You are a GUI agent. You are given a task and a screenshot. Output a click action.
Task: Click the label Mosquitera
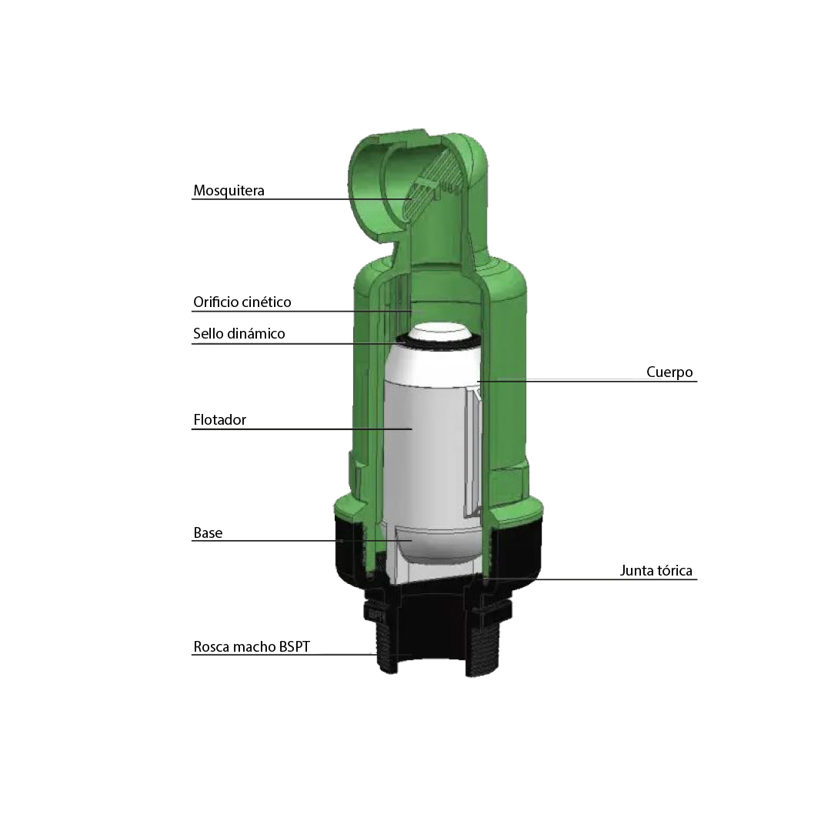(x=229, y=190)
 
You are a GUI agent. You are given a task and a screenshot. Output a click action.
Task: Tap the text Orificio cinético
(x=242, y=302)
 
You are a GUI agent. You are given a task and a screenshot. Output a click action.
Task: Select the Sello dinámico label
(x=239, y=333)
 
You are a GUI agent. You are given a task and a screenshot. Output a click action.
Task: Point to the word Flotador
(x=220, y=420)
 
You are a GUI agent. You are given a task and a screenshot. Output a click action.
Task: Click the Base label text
(x=208, y=532)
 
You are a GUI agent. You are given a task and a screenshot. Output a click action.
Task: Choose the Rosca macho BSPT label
(x=251, y=646)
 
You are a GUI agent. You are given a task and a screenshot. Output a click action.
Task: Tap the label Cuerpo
(x=669, y=372)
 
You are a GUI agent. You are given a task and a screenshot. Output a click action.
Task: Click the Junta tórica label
(x=656, y=571)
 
